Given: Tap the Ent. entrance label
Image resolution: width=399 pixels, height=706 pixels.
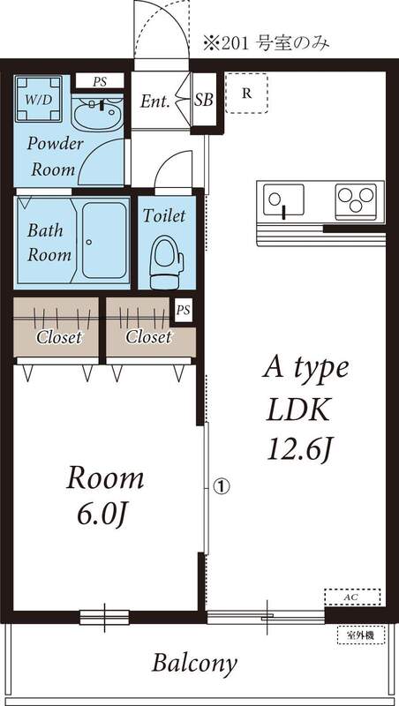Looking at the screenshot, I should (x=154, y=101).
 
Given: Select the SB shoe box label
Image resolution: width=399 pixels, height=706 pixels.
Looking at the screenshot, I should (x=204, y=101).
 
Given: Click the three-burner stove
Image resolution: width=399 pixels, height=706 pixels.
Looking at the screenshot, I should (x=357, y=201).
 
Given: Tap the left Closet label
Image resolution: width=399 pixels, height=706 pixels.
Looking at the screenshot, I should (x=58, y=337).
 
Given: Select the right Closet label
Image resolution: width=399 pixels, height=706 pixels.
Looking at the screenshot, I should (x=147, y=337).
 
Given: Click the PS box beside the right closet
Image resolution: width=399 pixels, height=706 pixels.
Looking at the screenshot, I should (x=183, y=311).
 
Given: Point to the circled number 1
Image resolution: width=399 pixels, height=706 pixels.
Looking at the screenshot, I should (x=221, y=484).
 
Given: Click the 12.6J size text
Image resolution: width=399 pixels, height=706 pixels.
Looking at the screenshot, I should (x=300, y=448).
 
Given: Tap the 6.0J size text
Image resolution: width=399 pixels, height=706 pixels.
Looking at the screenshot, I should (x=106, y=513).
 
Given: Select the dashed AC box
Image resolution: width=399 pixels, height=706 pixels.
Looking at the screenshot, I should (x=352, y=597).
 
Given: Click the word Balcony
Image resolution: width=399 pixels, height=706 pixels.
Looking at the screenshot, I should (x=194, y=664).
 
